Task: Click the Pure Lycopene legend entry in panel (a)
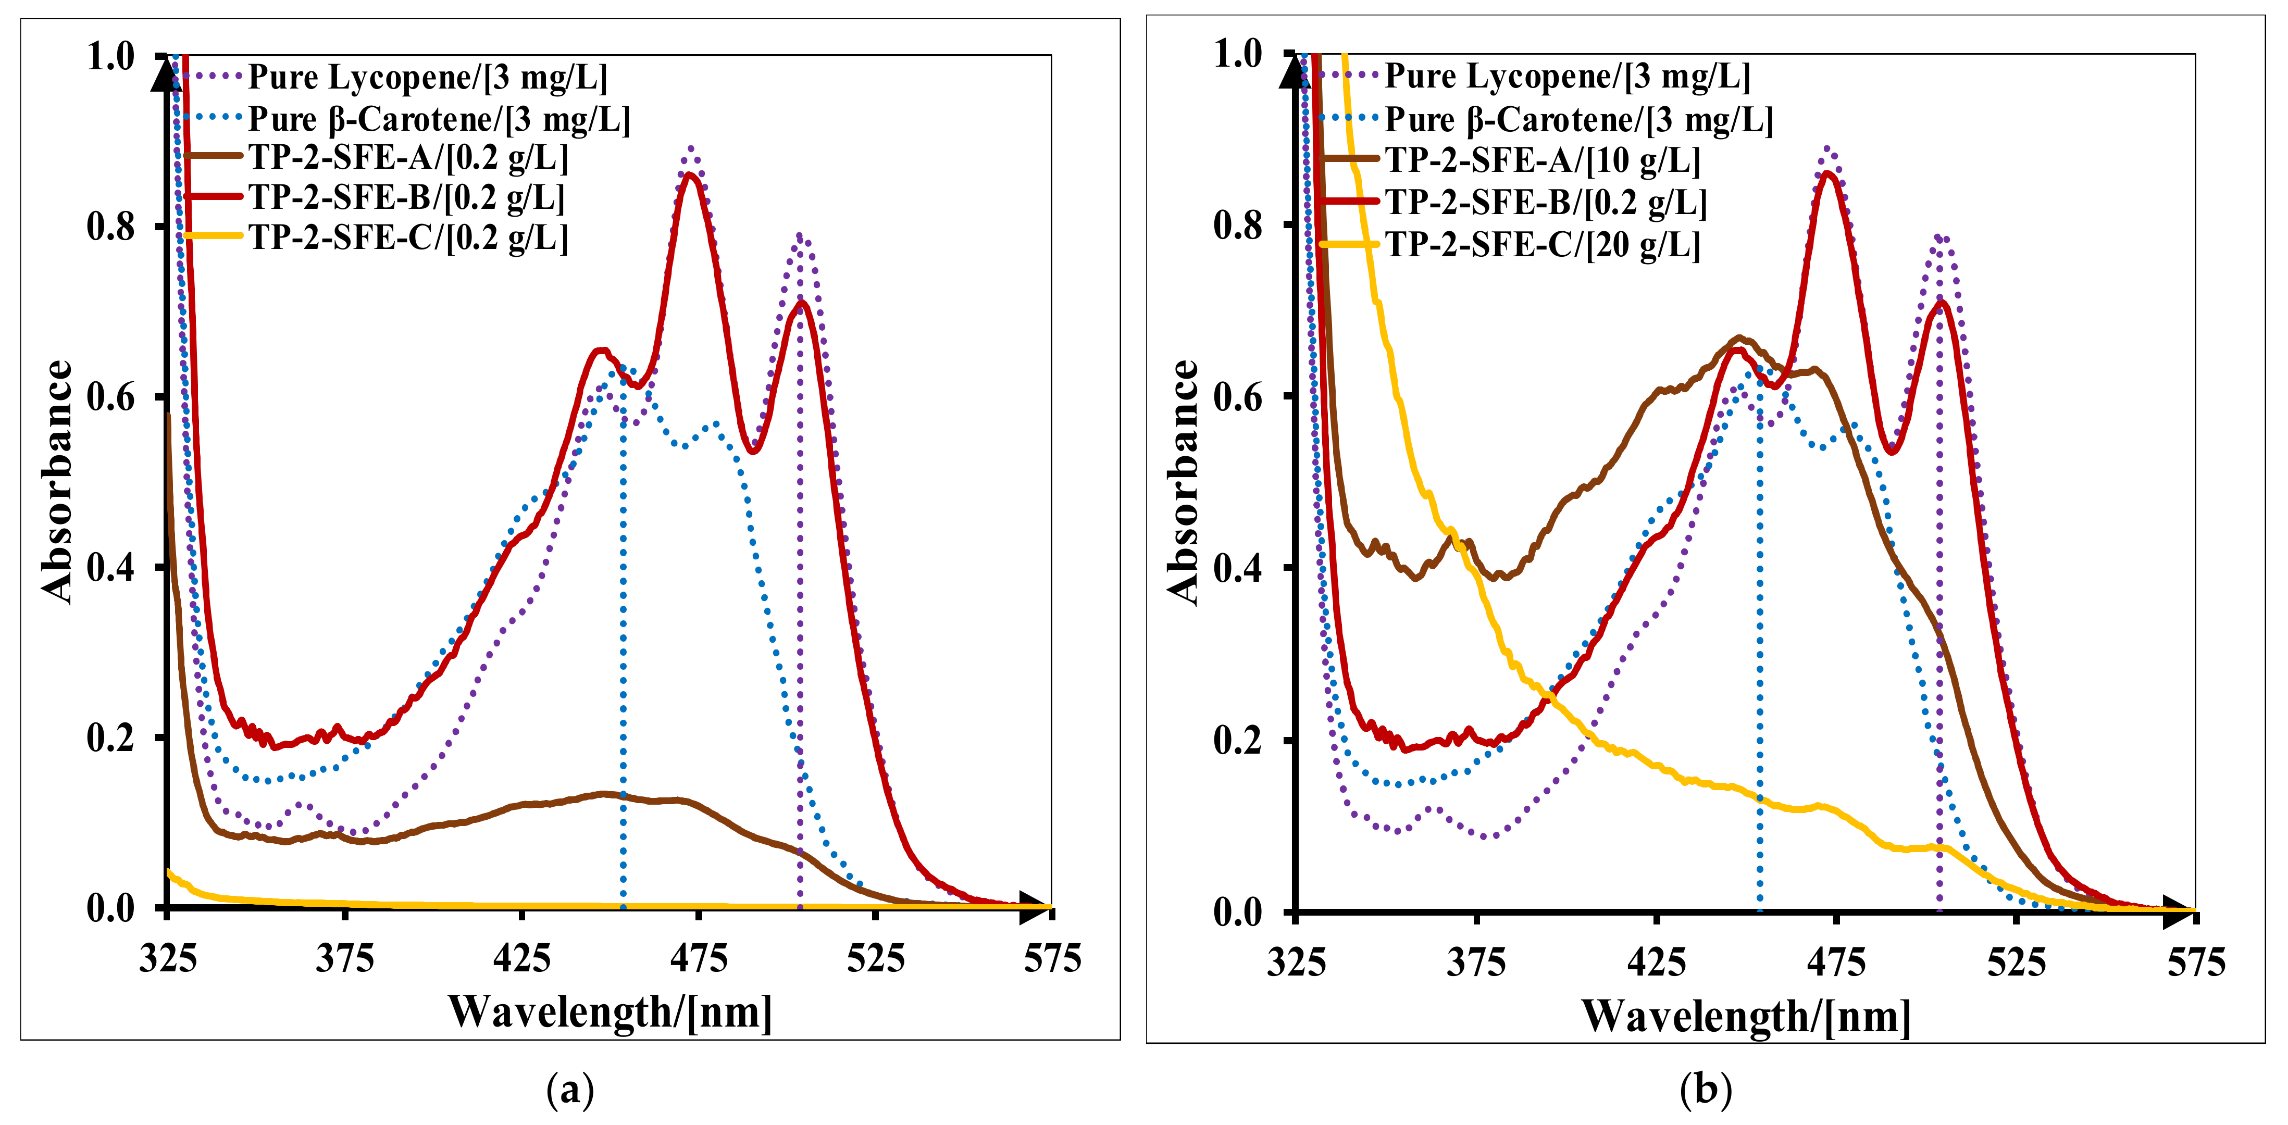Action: coord(426,77)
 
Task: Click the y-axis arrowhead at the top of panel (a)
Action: coord(165,71)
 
